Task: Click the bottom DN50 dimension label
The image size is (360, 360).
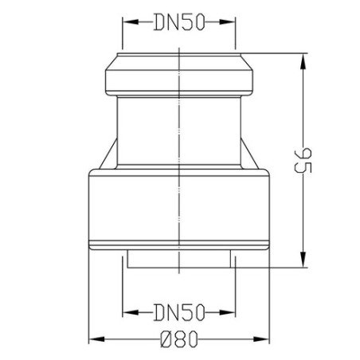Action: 180,307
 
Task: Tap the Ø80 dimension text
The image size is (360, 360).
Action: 179,338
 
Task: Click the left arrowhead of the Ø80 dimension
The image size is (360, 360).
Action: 90,338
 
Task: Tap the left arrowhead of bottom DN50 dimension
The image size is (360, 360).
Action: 125,307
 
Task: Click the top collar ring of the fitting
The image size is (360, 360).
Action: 179,73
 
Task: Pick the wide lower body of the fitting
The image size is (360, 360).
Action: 179,207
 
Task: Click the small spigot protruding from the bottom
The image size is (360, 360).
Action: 179,260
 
